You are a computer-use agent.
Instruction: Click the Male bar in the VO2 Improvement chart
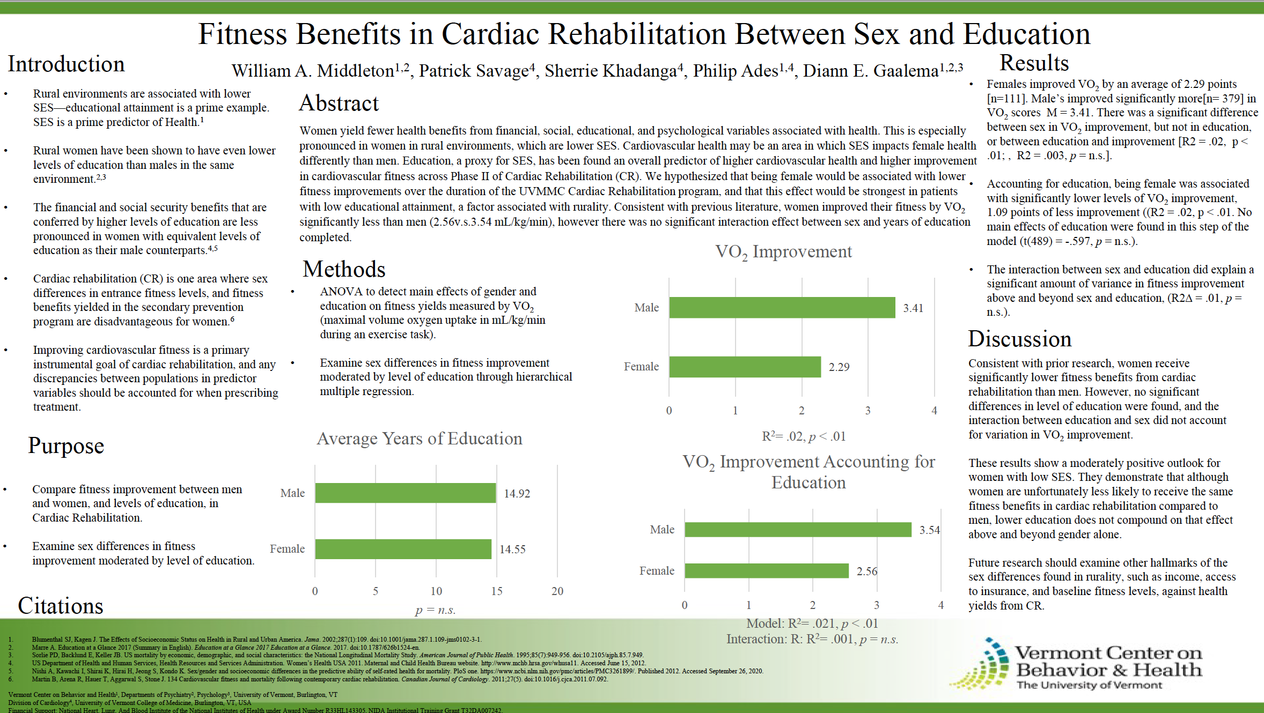tap(782, 308)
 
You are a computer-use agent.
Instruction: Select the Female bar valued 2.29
tap(745, 367)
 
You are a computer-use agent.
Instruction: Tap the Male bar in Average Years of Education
tap(405, 493)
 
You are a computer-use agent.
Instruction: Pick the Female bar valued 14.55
tap(403, 549)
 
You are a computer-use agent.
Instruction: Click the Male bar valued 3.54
tap(798, 530)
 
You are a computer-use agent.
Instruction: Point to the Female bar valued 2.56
tap(767, 571)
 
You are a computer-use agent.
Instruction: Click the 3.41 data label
tap(913, 308)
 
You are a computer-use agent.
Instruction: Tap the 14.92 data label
tap(517, 494)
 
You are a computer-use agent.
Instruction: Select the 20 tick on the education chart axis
tap(557, 591)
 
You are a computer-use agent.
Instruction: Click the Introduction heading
tap(66, 64)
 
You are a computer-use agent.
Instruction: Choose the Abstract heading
tap(339, 103)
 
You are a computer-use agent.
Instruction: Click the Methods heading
tap(344, 269)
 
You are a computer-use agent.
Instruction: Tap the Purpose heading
tap(66, 446)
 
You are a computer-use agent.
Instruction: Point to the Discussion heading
tap(1019, 339)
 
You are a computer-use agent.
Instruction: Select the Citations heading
tap(61, 606)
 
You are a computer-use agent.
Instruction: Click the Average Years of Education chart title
tap(419, 439)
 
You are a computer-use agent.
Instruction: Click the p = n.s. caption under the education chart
tap(435, 610)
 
